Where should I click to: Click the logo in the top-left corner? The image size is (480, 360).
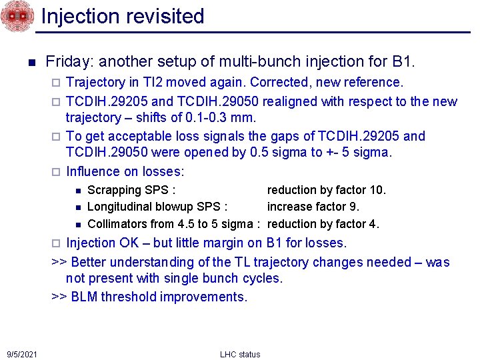tap(16, 16)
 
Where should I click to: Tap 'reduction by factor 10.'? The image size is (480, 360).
tap(327, 190)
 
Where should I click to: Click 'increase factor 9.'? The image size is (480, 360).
tap(313, 207)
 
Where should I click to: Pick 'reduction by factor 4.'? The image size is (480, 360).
tap(323, 224)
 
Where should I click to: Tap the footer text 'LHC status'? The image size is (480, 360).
tap(240, 354)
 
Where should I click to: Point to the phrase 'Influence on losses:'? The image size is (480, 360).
tap(125, 171)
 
